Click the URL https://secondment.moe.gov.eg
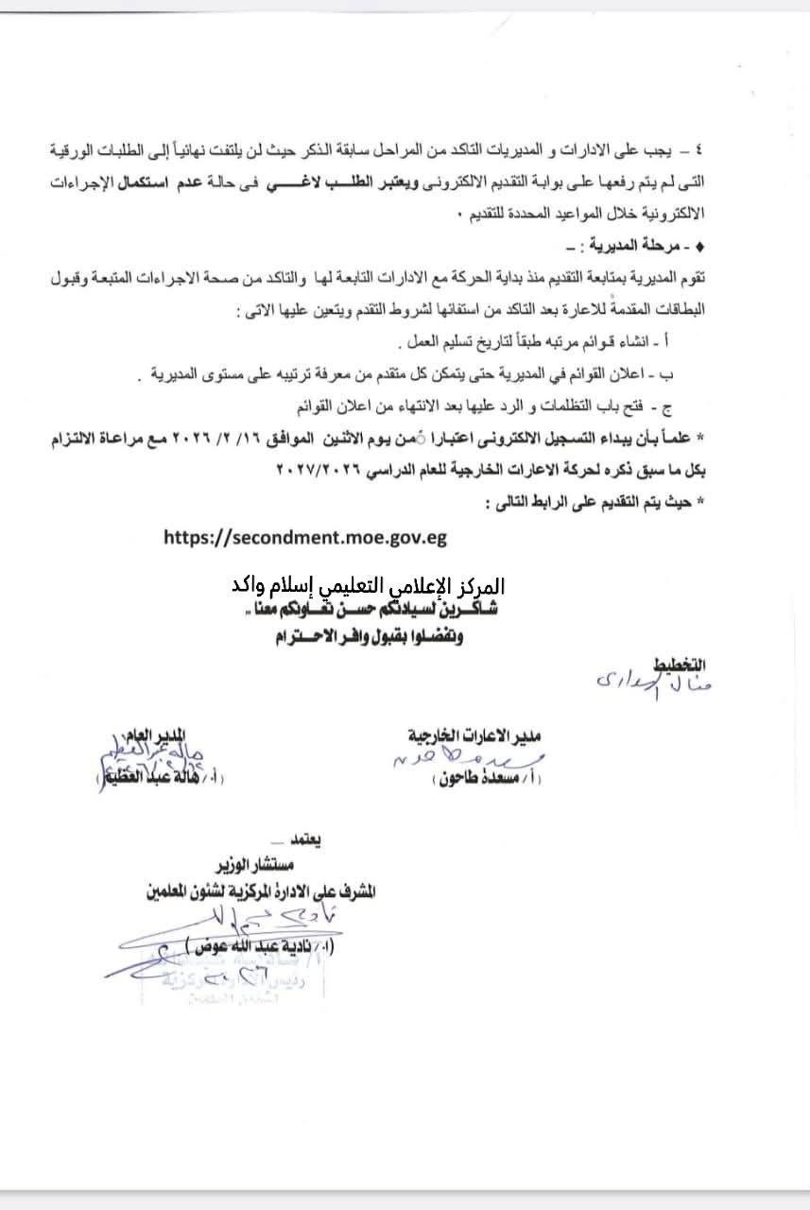[x=304, y=537]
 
